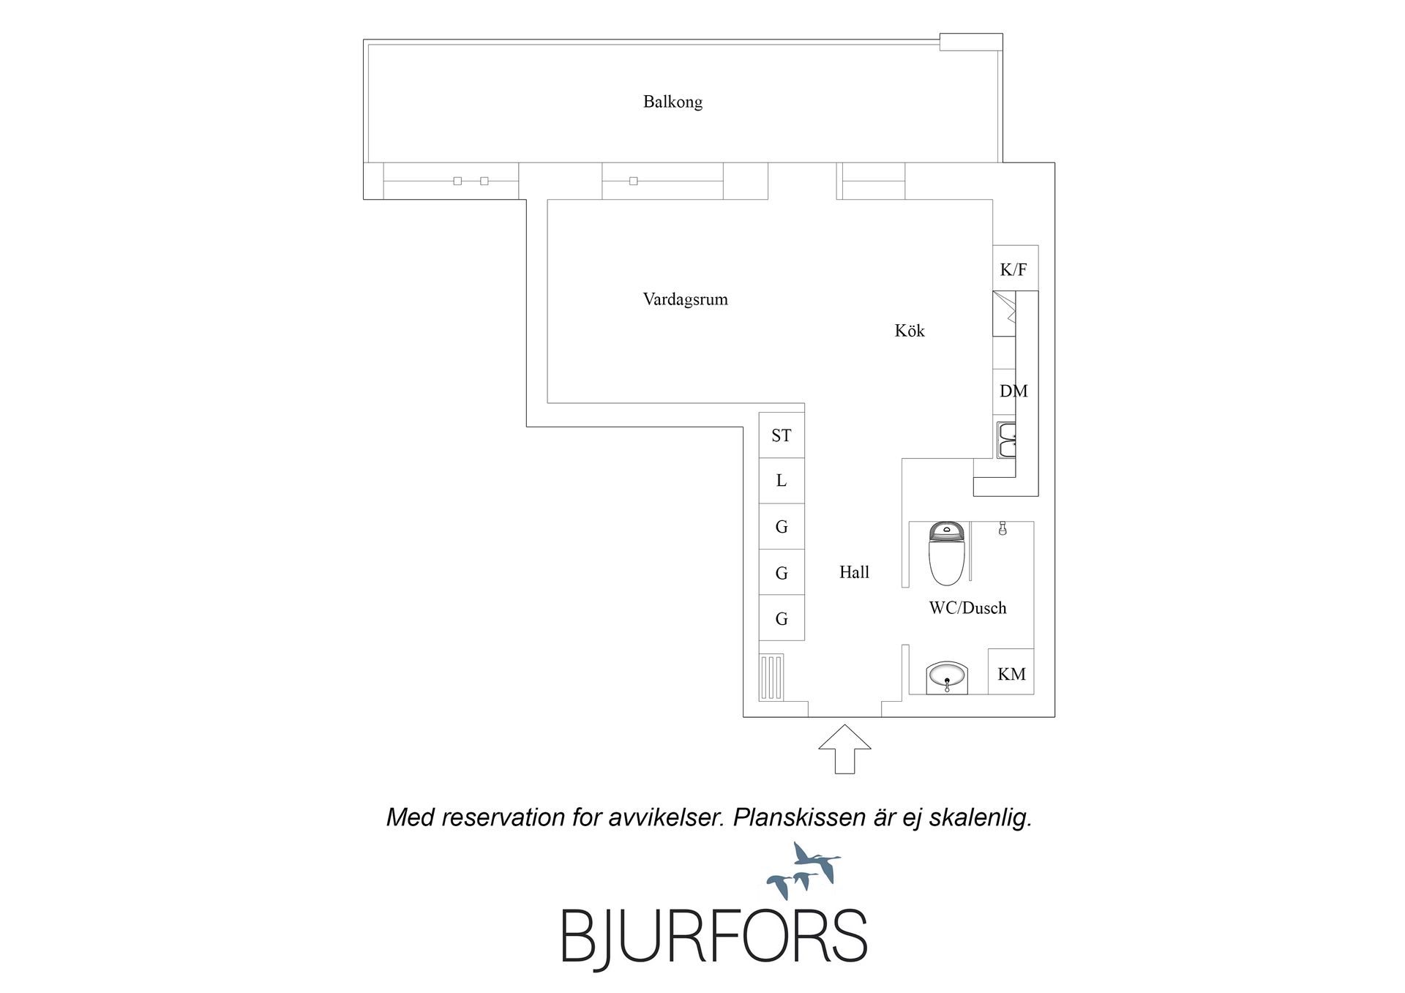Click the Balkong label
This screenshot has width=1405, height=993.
click(672, 102)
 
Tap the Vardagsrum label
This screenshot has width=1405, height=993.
click(685, 299)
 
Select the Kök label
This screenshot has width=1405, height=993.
click(910, 331)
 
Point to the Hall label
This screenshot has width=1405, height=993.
click(854, 572)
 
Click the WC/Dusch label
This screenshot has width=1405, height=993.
click(967, 608)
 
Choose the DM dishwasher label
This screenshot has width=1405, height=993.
click(1014, 391)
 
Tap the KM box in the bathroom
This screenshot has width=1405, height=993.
click(1011, 672)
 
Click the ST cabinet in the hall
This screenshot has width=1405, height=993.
click(782, 435)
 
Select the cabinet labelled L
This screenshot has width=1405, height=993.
click(782, 481)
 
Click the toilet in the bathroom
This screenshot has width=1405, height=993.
click(947, 554)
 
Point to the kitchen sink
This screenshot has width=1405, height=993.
click(1006, 439)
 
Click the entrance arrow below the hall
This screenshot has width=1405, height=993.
click(844, 749)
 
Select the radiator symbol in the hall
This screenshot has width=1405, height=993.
click(771, 677)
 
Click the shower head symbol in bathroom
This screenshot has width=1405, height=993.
click(1003, 528)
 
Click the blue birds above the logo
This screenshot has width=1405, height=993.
click(803, 871)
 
